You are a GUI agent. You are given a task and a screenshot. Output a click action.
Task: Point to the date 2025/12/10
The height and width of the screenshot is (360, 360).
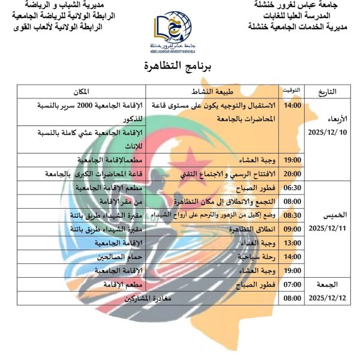[328, 131]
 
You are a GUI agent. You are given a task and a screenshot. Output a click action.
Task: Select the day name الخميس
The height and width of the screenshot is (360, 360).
[328, 214]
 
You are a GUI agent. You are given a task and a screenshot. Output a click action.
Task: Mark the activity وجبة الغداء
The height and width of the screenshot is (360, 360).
[256, 243]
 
